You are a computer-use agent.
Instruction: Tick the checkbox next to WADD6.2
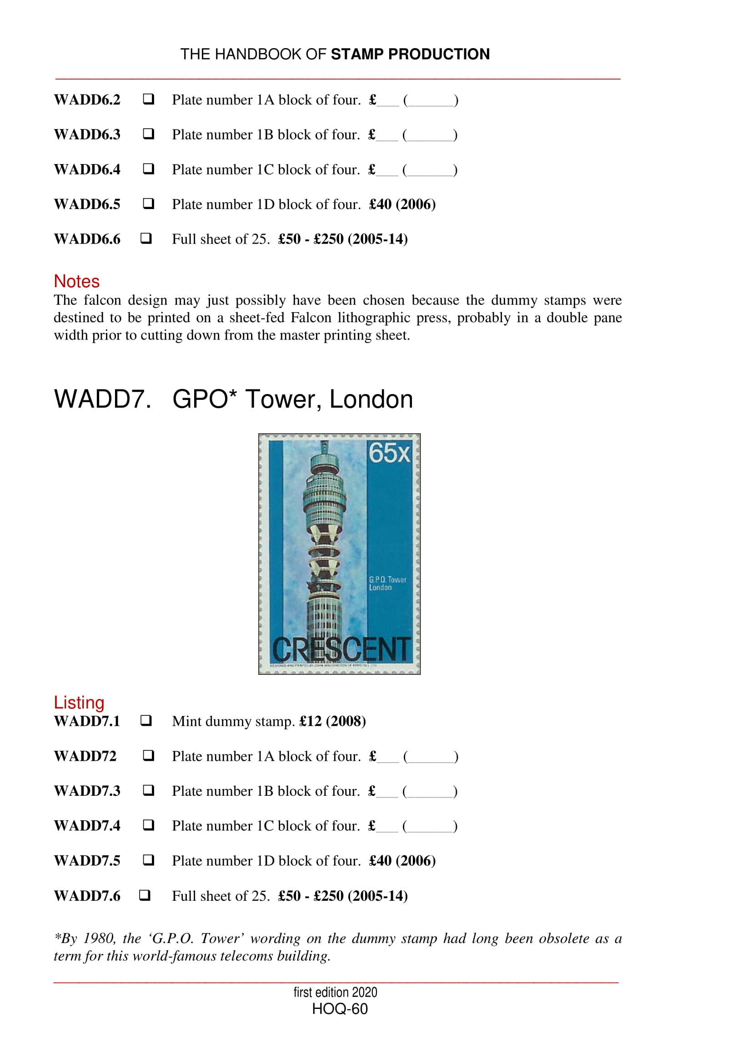click(148, 99)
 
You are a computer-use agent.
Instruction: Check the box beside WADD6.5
click(148, 203)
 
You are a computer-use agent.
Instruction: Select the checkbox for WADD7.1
click(146, 720)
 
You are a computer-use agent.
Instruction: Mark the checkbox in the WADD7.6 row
click(145, 895)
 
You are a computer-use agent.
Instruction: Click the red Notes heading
click(76, 281)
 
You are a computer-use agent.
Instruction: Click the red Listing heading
click(79, 702)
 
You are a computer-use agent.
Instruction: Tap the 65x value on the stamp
click(389, 453)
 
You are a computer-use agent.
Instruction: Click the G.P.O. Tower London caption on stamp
click(387, 584)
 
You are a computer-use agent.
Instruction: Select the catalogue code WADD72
click(85, 756)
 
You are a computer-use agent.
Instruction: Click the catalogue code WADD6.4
click(87, 170)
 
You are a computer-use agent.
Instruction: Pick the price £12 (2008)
click(332, 721)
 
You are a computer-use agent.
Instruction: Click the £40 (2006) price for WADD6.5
click(402, 204)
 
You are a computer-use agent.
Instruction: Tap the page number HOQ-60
click(340, 1009)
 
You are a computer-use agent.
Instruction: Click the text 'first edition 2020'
click(335, 992)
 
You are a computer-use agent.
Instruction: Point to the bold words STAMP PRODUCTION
click(410, 54)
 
